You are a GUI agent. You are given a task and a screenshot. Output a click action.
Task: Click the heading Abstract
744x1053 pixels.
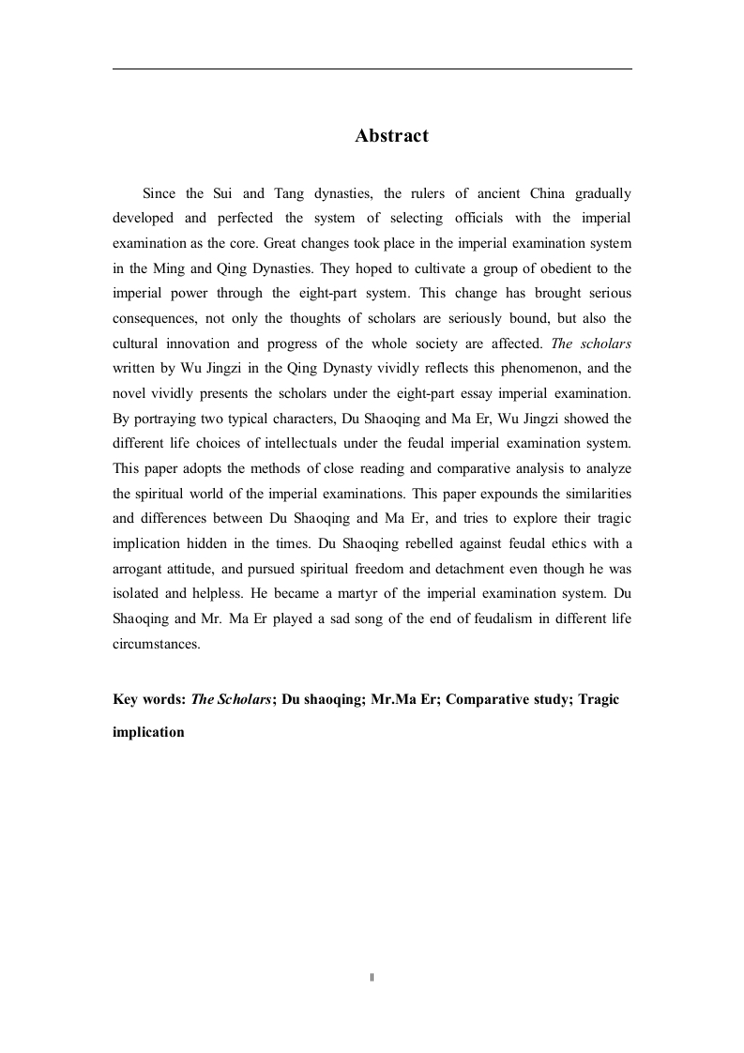[x=391, y=136]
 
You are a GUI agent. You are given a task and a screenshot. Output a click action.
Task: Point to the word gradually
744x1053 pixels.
[x=599, y=194]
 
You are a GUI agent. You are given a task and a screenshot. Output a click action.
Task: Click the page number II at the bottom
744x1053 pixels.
[x=372, y=977]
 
